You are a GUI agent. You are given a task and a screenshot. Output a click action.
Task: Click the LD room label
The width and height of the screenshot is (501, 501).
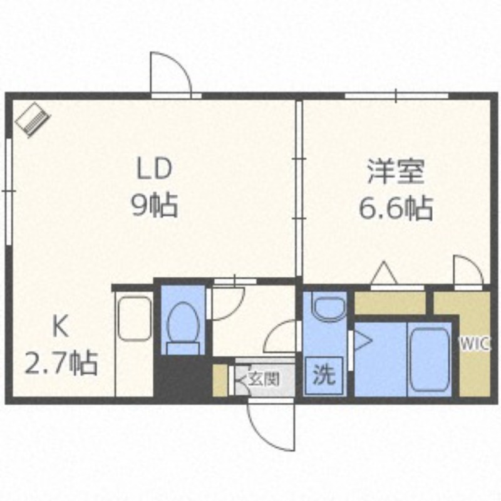click(x=154, y=169)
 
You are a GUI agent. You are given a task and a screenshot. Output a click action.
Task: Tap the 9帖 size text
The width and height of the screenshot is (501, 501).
click(x=155, y=205)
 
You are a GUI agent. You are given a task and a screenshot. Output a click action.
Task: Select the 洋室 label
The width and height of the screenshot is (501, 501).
click(x=396, y=172)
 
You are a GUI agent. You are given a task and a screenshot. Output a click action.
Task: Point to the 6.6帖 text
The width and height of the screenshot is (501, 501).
click(x=396, y=208)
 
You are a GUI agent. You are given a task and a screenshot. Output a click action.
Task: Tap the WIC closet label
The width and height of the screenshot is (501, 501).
click(x=475, y=344)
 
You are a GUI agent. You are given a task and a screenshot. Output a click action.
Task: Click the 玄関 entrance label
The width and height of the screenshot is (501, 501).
click(x=264, y=380)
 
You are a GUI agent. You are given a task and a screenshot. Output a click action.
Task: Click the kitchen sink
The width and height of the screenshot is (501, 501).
click(x=134, y=319)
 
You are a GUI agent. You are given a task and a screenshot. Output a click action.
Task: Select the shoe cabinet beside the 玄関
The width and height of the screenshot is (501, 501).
click(x=220, y=381)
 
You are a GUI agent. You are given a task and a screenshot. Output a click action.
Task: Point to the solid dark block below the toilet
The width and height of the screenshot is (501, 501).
click(x=182, y=376)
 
